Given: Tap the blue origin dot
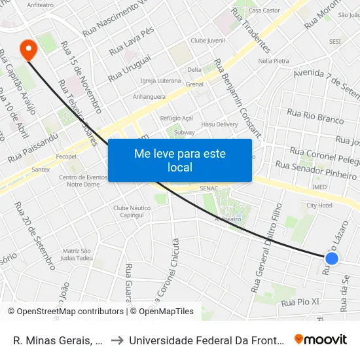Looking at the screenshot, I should tap(332, 259).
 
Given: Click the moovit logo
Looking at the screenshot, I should tap(321, 339).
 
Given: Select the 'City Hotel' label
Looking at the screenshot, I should tap(319, 206).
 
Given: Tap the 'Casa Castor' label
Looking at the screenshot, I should tap(264, 10).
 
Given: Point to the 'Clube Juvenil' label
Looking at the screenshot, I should tap(207, 41).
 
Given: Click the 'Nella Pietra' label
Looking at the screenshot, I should tap(274, 61).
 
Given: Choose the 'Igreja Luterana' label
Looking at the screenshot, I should tap(160, 81).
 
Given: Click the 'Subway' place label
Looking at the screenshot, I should tap(185, 132).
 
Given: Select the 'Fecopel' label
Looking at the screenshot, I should tap(66, 157).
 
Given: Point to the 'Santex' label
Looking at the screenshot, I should tap(41, 170).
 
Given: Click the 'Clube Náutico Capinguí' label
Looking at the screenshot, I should tap(128, 211).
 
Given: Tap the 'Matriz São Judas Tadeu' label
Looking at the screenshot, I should tap(77, 255).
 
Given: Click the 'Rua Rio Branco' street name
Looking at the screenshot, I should tap(315, 117).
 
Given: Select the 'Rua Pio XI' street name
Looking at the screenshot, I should tap(300, 302).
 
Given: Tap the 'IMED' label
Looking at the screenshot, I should tap(319, 187).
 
